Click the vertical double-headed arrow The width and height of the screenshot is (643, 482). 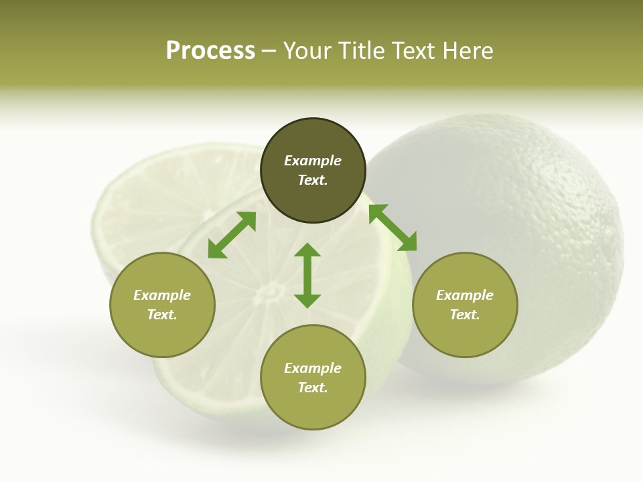pos(307,275)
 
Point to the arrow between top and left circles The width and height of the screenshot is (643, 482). pos(232,235)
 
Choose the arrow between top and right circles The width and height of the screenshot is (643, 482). pos(392,228)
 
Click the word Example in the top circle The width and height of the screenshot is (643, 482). pos(313,161)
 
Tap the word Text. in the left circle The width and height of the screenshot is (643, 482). pos(162,315)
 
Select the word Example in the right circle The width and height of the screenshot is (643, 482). pos(465,295)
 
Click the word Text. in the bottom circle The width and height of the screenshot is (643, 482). pos(313,388)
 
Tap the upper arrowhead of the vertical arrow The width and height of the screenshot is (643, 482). pos(307,250)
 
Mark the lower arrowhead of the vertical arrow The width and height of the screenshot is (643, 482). pos(307,301)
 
